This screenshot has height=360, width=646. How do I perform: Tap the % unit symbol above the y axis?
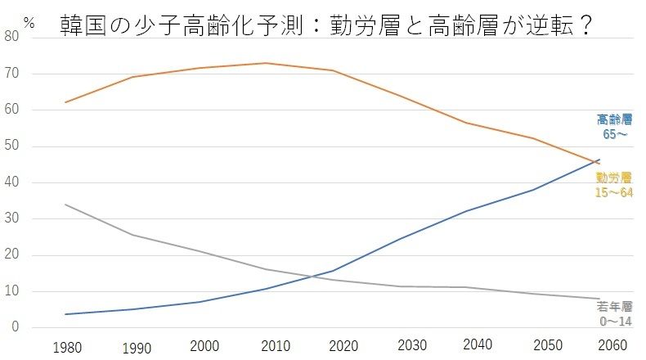29,23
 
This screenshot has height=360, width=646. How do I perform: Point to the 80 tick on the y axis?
11,37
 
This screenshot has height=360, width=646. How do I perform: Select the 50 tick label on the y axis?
11,146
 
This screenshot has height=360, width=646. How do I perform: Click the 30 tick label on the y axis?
11,219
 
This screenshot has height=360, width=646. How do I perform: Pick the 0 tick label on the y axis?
15,328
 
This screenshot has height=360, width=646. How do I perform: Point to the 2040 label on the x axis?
480,346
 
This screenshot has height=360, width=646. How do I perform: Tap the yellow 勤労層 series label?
614,185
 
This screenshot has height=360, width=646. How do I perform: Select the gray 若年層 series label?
614,315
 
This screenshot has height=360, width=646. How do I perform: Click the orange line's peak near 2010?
266,63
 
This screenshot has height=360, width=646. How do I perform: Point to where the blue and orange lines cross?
594,163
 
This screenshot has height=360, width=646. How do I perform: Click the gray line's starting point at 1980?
65,205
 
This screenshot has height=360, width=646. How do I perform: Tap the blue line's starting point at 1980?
65,314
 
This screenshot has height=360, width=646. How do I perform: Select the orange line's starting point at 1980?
65,102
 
